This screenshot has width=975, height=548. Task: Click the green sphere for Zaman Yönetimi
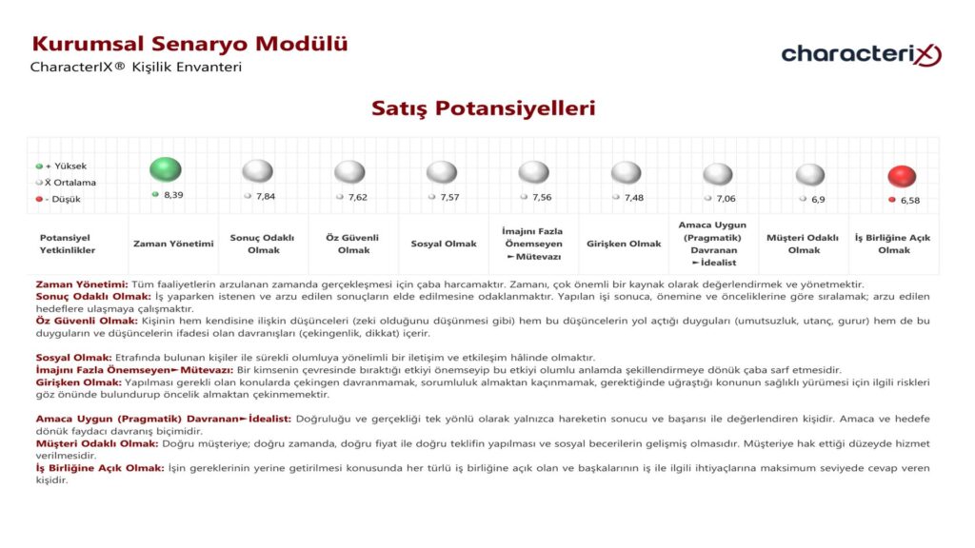coord(166,169)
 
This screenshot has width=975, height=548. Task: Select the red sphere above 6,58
coord(901,176)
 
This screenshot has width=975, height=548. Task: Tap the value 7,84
coord(265,196)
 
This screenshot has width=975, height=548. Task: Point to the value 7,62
coord(357,197)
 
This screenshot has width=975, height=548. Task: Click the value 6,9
coord(818,199)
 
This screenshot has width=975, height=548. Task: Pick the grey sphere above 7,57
coord(442,172)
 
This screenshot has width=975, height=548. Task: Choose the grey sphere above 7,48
coord(626,172)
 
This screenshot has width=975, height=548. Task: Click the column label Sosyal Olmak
coord(444,244)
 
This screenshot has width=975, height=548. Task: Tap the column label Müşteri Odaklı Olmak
coord(804,244)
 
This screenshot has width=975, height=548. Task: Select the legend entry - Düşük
coord(63,199)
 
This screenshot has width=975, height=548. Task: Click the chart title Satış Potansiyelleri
coord(483,108)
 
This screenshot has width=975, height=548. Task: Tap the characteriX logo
coord(861,54)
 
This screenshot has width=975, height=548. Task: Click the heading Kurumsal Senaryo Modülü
coord(189,44)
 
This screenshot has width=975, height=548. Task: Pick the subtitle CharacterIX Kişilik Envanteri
coord(136,68)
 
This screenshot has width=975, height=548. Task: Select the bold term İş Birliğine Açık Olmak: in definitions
coord(99,468)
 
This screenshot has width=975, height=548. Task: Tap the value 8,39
coord(173,194)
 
